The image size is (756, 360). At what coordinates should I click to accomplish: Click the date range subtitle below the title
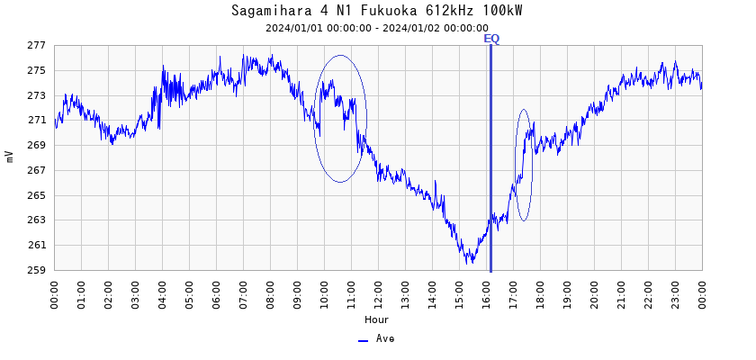pyautogui.click(x=377, y=28)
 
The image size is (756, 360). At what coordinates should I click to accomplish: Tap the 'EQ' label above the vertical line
pyautogui.click(x=491, y=39)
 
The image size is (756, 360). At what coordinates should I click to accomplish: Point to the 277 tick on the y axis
pyautogui.click(x=36, y=45)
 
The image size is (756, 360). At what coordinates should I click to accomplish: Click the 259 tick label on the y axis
pyautogui.click(x=36, y=270)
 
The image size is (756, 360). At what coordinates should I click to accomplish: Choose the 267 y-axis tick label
pyautogui.click(x=36, y=170)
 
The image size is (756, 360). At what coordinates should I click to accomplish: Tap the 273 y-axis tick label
pyautogui.click(x=36, y=95)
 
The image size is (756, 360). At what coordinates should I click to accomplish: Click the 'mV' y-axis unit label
pyautogui.click(x=10, y=157)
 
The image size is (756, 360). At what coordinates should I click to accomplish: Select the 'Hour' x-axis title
pyautogui.click(x=377, y=319)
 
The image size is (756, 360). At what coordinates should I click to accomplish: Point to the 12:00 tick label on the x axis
pyautogui.click(x=378, y=292)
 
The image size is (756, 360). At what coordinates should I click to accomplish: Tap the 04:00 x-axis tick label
pyautogui.click(x=162, y=292)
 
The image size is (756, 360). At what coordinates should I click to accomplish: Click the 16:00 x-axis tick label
pyautogui.click(x=486, y=292)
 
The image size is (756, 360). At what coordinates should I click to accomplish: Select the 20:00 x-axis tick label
pyautogui.click(x=594, y=292)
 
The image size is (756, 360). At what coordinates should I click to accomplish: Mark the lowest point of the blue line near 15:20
pyautogui.click(x=468, y=262)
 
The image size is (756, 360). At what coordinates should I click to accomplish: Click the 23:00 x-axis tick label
pyautogui.click(x=675, y=292)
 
